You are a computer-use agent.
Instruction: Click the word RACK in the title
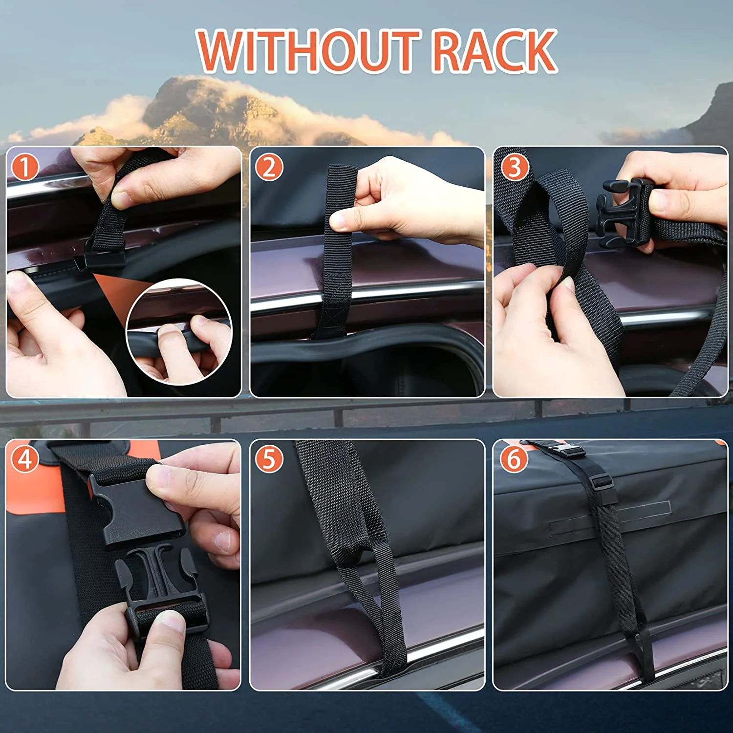pos(495,51)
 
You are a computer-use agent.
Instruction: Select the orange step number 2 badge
pos(269,168)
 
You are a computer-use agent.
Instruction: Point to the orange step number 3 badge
pos(514,168)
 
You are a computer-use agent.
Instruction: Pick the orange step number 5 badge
pos(269,459)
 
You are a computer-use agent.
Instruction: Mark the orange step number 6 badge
pos(514,459)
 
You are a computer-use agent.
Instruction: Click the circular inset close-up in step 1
pos(179,332)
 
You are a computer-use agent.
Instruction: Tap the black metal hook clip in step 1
pos(100,259)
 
